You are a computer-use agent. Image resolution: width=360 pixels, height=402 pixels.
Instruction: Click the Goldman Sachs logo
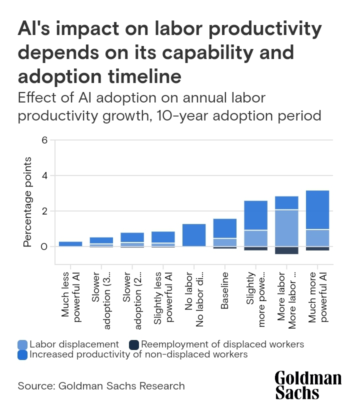[x=308, y=385]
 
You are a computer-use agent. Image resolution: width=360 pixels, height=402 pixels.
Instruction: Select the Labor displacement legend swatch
[x=23, y=344]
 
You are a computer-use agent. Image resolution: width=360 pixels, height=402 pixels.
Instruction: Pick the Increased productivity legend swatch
[x=23, y=354]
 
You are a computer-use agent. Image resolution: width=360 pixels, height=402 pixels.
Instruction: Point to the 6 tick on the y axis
[x=44, y=140]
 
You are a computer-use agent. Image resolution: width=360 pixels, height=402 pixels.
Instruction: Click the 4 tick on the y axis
[x=44, y=175]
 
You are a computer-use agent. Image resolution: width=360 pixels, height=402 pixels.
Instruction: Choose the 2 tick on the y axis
[x=44, y=211]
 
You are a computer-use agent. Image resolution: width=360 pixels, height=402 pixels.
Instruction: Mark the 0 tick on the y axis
[x=44, y=246]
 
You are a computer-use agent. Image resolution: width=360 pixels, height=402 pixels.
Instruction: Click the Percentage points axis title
[x=28, y=201]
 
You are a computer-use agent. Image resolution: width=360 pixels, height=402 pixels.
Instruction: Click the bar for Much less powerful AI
[x=70, y=244]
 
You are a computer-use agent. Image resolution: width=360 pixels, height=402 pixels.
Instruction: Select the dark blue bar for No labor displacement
[x=194, y=235]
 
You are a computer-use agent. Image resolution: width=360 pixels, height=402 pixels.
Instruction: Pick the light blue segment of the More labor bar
[x=287, y=228]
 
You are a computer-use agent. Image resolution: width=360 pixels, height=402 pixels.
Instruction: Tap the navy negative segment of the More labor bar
[x=287, y=250]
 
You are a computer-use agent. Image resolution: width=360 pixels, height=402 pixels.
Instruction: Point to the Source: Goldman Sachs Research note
[x=101, y=386]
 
